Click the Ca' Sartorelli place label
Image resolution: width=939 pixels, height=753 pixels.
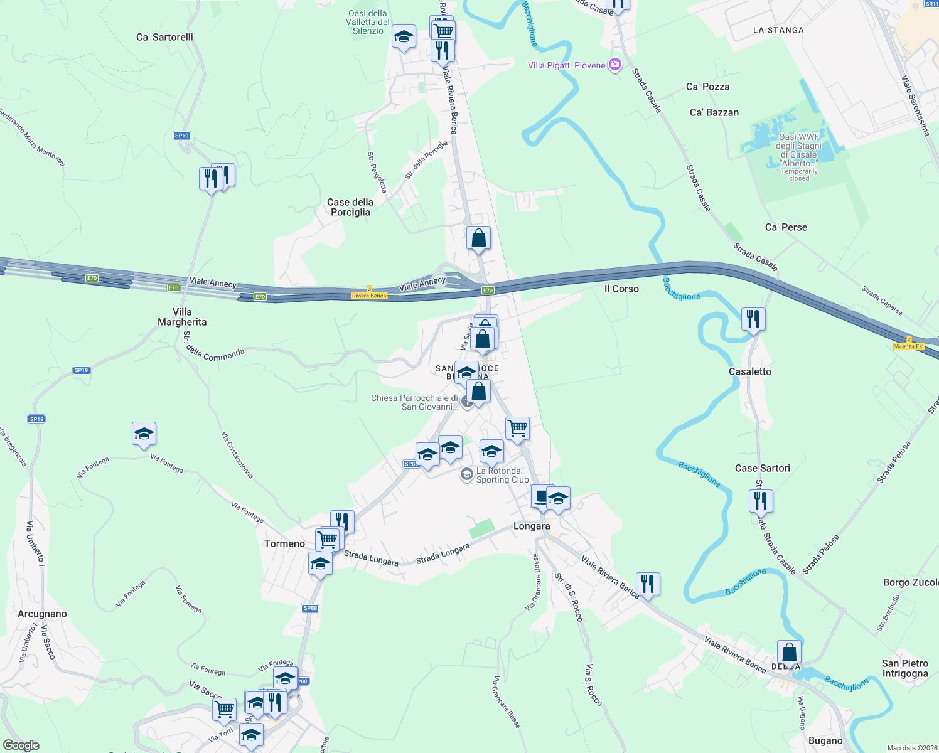click(x=164, y=37)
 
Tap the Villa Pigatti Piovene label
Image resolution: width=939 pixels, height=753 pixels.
click(x=566, y=65)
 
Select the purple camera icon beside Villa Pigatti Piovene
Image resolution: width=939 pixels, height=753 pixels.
click(x=615, y=65)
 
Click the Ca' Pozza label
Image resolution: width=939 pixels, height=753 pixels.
click(x=707, y=87)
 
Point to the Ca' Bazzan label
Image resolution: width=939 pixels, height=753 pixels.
click(x=714, y=112)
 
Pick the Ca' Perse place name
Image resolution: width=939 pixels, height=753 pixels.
click(x=786, y=227)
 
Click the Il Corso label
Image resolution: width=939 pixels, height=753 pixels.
click(x=621, y=289)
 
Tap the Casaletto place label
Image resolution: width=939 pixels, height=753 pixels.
click(x=749, y=371)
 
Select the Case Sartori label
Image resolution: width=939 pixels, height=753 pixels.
click(x=762, y=468)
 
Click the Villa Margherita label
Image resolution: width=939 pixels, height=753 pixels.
click(x=182, y=317)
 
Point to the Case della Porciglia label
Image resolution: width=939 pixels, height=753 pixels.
click(x=350, y=207)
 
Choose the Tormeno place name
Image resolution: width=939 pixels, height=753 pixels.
click(x=284, y=543)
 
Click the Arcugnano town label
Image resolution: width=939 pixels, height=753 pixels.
click(x=42, y=614)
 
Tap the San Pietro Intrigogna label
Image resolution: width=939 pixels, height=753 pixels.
click(x=904, y=668)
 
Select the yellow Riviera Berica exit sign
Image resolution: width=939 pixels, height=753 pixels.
click(x=369, y=295)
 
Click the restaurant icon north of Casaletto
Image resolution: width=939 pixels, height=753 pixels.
click(x=753, y=319)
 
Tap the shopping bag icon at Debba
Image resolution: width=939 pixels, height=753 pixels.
click(x=789, y=652)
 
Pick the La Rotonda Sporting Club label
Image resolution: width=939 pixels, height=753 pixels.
click(x=502, y=475)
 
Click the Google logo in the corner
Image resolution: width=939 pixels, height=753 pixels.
click(x=21, y=745)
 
